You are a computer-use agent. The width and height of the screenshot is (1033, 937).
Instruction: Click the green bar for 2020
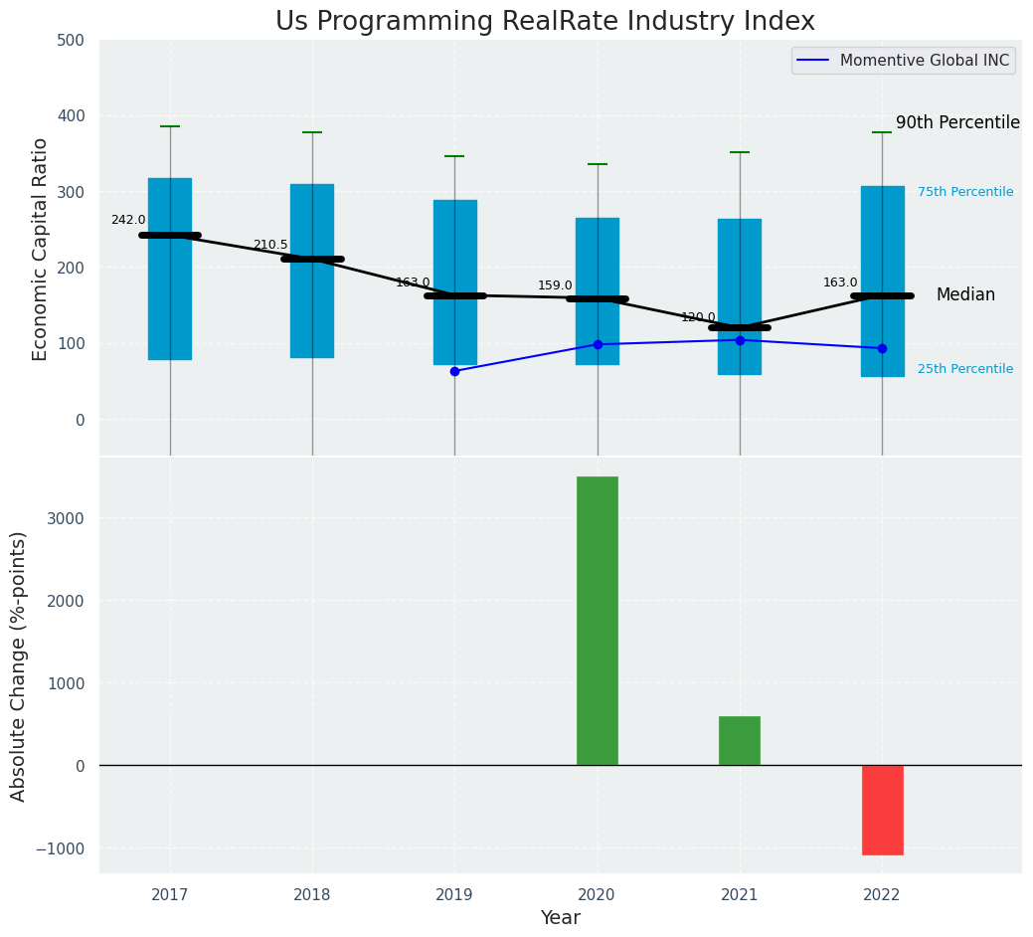click(597, 621)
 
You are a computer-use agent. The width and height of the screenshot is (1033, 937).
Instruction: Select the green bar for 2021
click(740, 740)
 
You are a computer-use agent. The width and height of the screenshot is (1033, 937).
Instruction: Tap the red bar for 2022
click(882, 810)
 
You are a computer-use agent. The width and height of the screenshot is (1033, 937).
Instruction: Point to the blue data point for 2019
click(454, 371)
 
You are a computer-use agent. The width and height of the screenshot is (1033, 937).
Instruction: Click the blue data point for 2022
click(882, 348)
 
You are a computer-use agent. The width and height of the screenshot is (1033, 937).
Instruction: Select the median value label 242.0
click(128, 220)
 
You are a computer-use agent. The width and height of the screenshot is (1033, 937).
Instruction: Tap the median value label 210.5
click(270, 245)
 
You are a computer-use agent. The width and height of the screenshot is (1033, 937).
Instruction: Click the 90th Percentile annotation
click(957, 123)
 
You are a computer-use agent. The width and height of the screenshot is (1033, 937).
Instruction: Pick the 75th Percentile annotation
click(965, 192)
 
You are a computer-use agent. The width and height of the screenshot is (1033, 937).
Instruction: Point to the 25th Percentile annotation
click(965, 369)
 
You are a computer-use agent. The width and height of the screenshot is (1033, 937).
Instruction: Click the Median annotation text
click(965, 295)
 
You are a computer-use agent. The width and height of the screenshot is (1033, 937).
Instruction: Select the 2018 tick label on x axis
click(312, 895)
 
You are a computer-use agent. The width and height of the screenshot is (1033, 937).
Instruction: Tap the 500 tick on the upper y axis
click(79, 41)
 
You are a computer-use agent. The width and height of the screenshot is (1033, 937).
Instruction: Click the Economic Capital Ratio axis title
click(41, 249)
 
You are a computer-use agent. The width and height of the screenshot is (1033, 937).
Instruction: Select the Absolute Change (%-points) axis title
click(19, 665)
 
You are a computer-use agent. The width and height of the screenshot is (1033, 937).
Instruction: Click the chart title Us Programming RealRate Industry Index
click(545, 22)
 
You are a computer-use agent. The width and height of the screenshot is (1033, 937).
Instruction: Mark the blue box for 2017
click(170, 269)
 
